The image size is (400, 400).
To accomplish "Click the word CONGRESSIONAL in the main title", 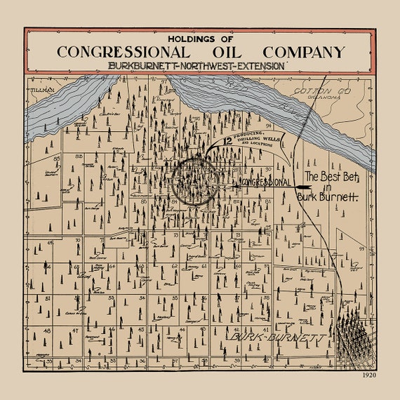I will pyautogui.click(x=122, y=52).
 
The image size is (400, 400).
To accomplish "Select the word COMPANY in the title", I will pyautogui.click(x=304, y=52).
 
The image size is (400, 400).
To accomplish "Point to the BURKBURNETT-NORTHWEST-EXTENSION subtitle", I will pyautogui.click(x=196, y=65).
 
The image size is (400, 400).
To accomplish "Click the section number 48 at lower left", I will pyautogui.click(x=46, y=330).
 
